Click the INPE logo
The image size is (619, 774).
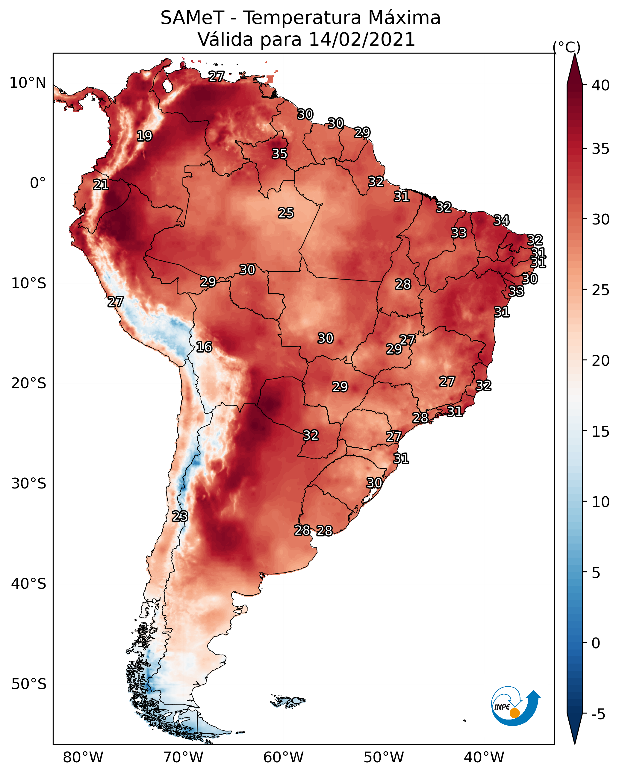(x=516, y=707)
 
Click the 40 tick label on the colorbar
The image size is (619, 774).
(x=601, y=85)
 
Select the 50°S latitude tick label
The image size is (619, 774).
(x=29, y=684)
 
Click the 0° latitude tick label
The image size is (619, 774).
(x=38, y=183)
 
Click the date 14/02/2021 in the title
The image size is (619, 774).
(x=362, y=40)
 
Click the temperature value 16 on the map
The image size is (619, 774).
(x=204, y=347)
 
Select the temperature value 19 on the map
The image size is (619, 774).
(x=144, y=136)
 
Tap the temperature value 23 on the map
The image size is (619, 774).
(x=180, y=516)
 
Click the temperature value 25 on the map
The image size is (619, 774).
(x=286, y=213)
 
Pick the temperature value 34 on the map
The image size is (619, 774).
(x=502, y=220)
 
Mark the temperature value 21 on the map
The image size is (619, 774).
(x=101, y=185)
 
